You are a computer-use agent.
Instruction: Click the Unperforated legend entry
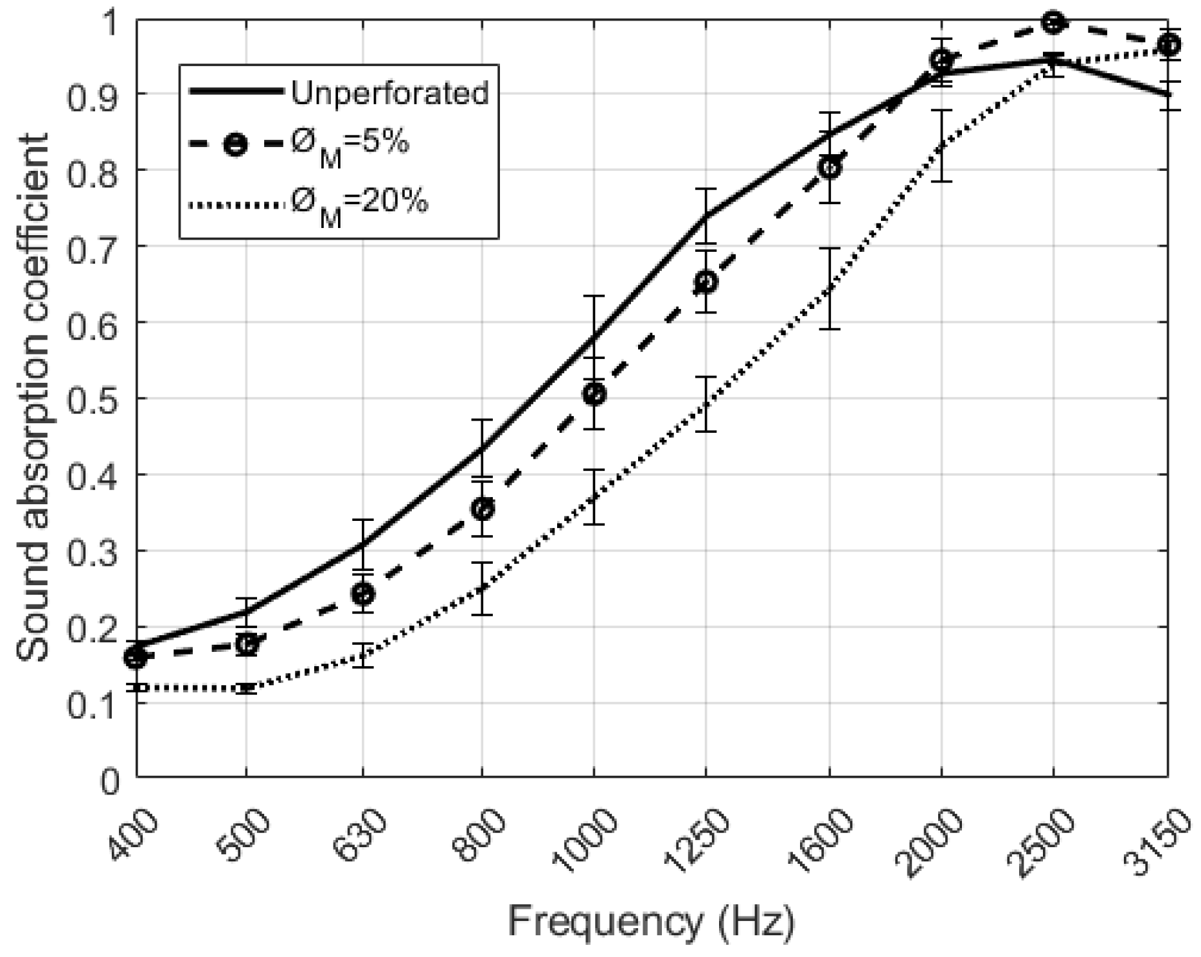tap(389, 92)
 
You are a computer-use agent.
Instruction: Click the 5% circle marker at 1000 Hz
tap(595, 394)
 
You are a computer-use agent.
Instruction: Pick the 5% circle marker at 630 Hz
tap(363, 593)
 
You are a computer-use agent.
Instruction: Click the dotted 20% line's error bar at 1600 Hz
tap(830, 289)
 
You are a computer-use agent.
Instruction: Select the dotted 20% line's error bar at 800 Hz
tap(481, 588)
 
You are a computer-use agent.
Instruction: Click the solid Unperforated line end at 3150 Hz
tap(1166, 95)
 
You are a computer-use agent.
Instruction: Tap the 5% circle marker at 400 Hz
tap(136, 656)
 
